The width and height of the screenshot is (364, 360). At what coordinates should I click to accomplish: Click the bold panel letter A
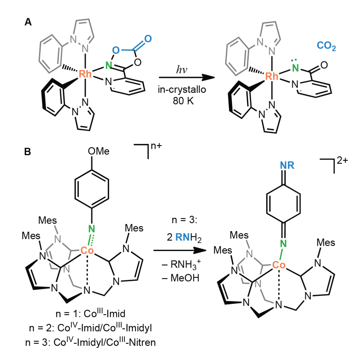(x=28, y=22)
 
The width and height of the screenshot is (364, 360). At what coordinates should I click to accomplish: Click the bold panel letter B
(x=28, y=152)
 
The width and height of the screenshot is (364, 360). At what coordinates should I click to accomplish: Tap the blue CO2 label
(x=326, y=46)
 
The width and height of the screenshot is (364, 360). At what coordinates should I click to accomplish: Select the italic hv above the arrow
(x=182, y=70)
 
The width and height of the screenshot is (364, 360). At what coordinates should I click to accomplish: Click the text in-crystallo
(x=182, y=90)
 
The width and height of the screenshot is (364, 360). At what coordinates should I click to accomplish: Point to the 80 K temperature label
(x=183, y=101)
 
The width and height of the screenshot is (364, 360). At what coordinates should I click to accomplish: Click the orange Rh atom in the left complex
(x=85, y=73)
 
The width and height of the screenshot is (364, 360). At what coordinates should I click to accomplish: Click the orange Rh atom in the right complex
(x=272, y=76)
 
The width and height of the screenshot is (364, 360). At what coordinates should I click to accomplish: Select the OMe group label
(x=99, y=151)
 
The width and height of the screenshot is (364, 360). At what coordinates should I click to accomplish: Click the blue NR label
(x=287, y=165)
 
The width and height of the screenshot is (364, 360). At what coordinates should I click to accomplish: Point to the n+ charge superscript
(x=157, y=146)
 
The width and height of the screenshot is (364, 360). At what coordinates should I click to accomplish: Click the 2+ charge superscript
(x=342, y=161)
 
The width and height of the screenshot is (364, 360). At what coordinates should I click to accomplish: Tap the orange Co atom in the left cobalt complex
(x=87, y=251)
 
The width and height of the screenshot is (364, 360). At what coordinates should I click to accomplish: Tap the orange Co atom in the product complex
(x=279, y=265)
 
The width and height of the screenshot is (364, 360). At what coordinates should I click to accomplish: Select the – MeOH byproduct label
(x=181, y=278)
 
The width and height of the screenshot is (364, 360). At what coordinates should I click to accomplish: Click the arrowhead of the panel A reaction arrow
(x=208, y=77)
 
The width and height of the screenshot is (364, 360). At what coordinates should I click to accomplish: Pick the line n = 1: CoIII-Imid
(x=90, y=313)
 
